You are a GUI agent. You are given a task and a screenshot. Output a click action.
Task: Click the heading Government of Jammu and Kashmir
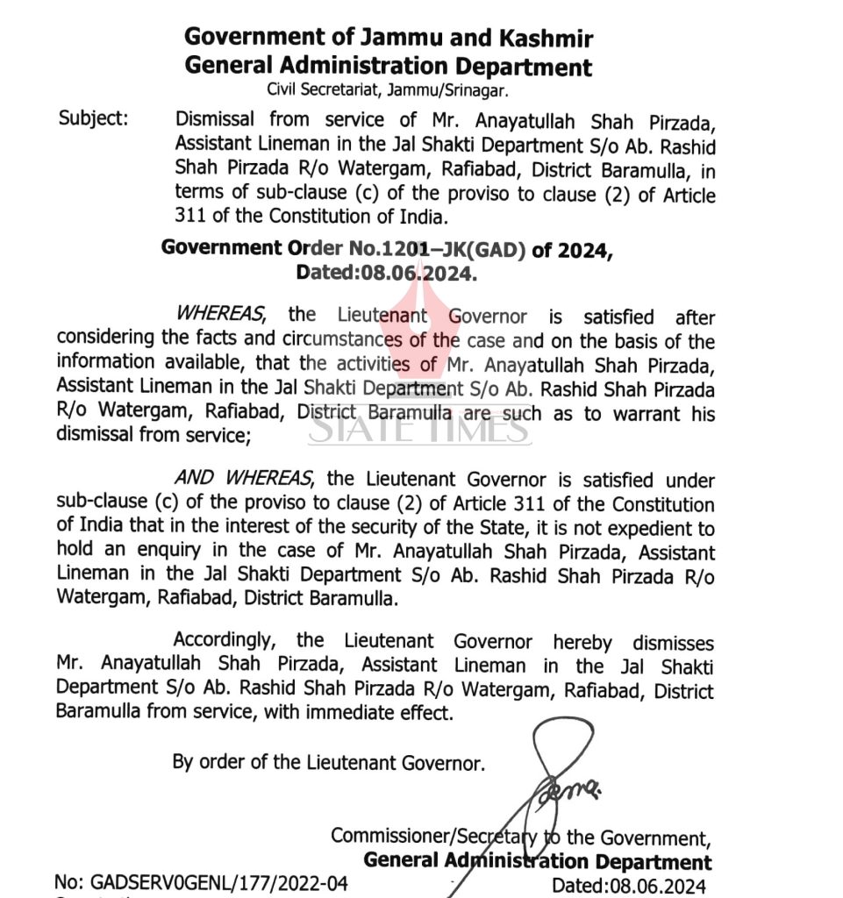(388, 39)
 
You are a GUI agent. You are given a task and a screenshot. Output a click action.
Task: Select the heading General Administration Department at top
(388, 66)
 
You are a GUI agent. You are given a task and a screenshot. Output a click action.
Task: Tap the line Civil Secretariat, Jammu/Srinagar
(388, 89)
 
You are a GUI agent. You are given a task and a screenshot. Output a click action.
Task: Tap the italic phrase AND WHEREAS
(242, 479)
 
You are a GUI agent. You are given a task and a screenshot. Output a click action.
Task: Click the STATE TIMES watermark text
(419, 429)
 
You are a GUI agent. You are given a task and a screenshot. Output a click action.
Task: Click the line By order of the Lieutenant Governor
(328, 763)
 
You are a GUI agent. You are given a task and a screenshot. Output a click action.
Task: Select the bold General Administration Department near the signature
(537, 861)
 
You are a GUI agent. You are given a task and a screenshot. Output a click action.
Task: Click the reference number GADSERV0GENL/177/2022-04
(201, 883)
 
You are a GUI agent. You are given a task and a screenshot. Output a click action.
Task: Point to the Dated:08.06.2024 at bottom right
(628, 886)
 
